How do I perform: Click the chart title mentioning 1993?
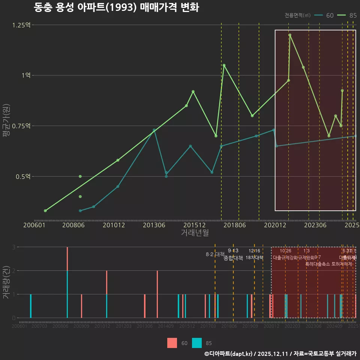click(x=116, y=7)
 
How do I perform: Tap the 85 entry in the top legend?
click(x=352, y=15)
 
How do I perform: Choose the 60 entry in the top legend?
click(x=330, y=15)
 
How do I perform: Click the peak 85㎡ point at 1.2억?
click(x=290, y=35)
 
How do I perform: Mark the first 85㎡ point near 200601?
click(x=45, y=211)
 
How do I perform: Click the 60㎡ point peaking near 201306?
click(x=154, y=130)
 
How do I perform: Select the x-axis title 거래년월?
click(x=195, y=232)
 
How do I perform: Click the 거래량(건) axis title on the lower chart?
click(x=6, y=282)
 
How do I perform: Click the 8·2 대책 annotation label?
click(x=215, y=254)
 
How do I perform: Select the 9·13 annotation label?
click(x=233, y=251)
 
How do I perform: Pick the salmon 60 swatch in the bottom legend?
click(x=172, y=343)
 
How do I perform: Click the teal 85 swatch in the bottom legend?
click(x=197, y=343)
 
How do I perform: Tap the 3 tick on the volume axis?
click(x=13, y=247)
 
